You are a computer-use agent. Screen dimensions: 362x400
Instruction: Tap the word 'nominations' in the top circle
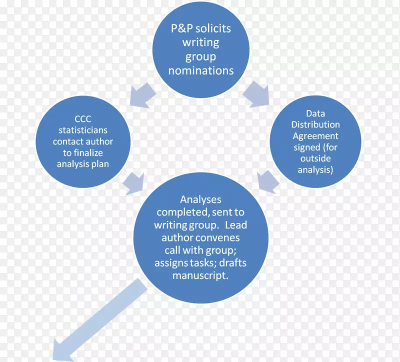[200, 70]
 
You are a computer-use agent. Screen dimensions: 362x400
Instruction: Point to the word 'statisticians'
[83, 130]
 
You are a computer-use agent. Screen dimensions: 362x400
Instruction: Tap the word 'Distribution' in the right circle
[315, 125]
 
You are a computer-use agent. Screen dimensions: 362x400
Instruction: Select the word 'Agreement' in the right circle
[315, 136]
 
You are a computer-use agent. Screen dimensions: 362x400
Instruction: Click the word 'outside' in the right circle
[315, 158]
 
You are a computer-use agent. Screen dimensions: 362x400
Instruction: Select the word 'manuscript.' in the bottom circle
[200, 275]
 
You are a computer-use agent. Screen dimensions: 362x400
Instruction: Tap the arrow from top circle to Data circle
[256, 93]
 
